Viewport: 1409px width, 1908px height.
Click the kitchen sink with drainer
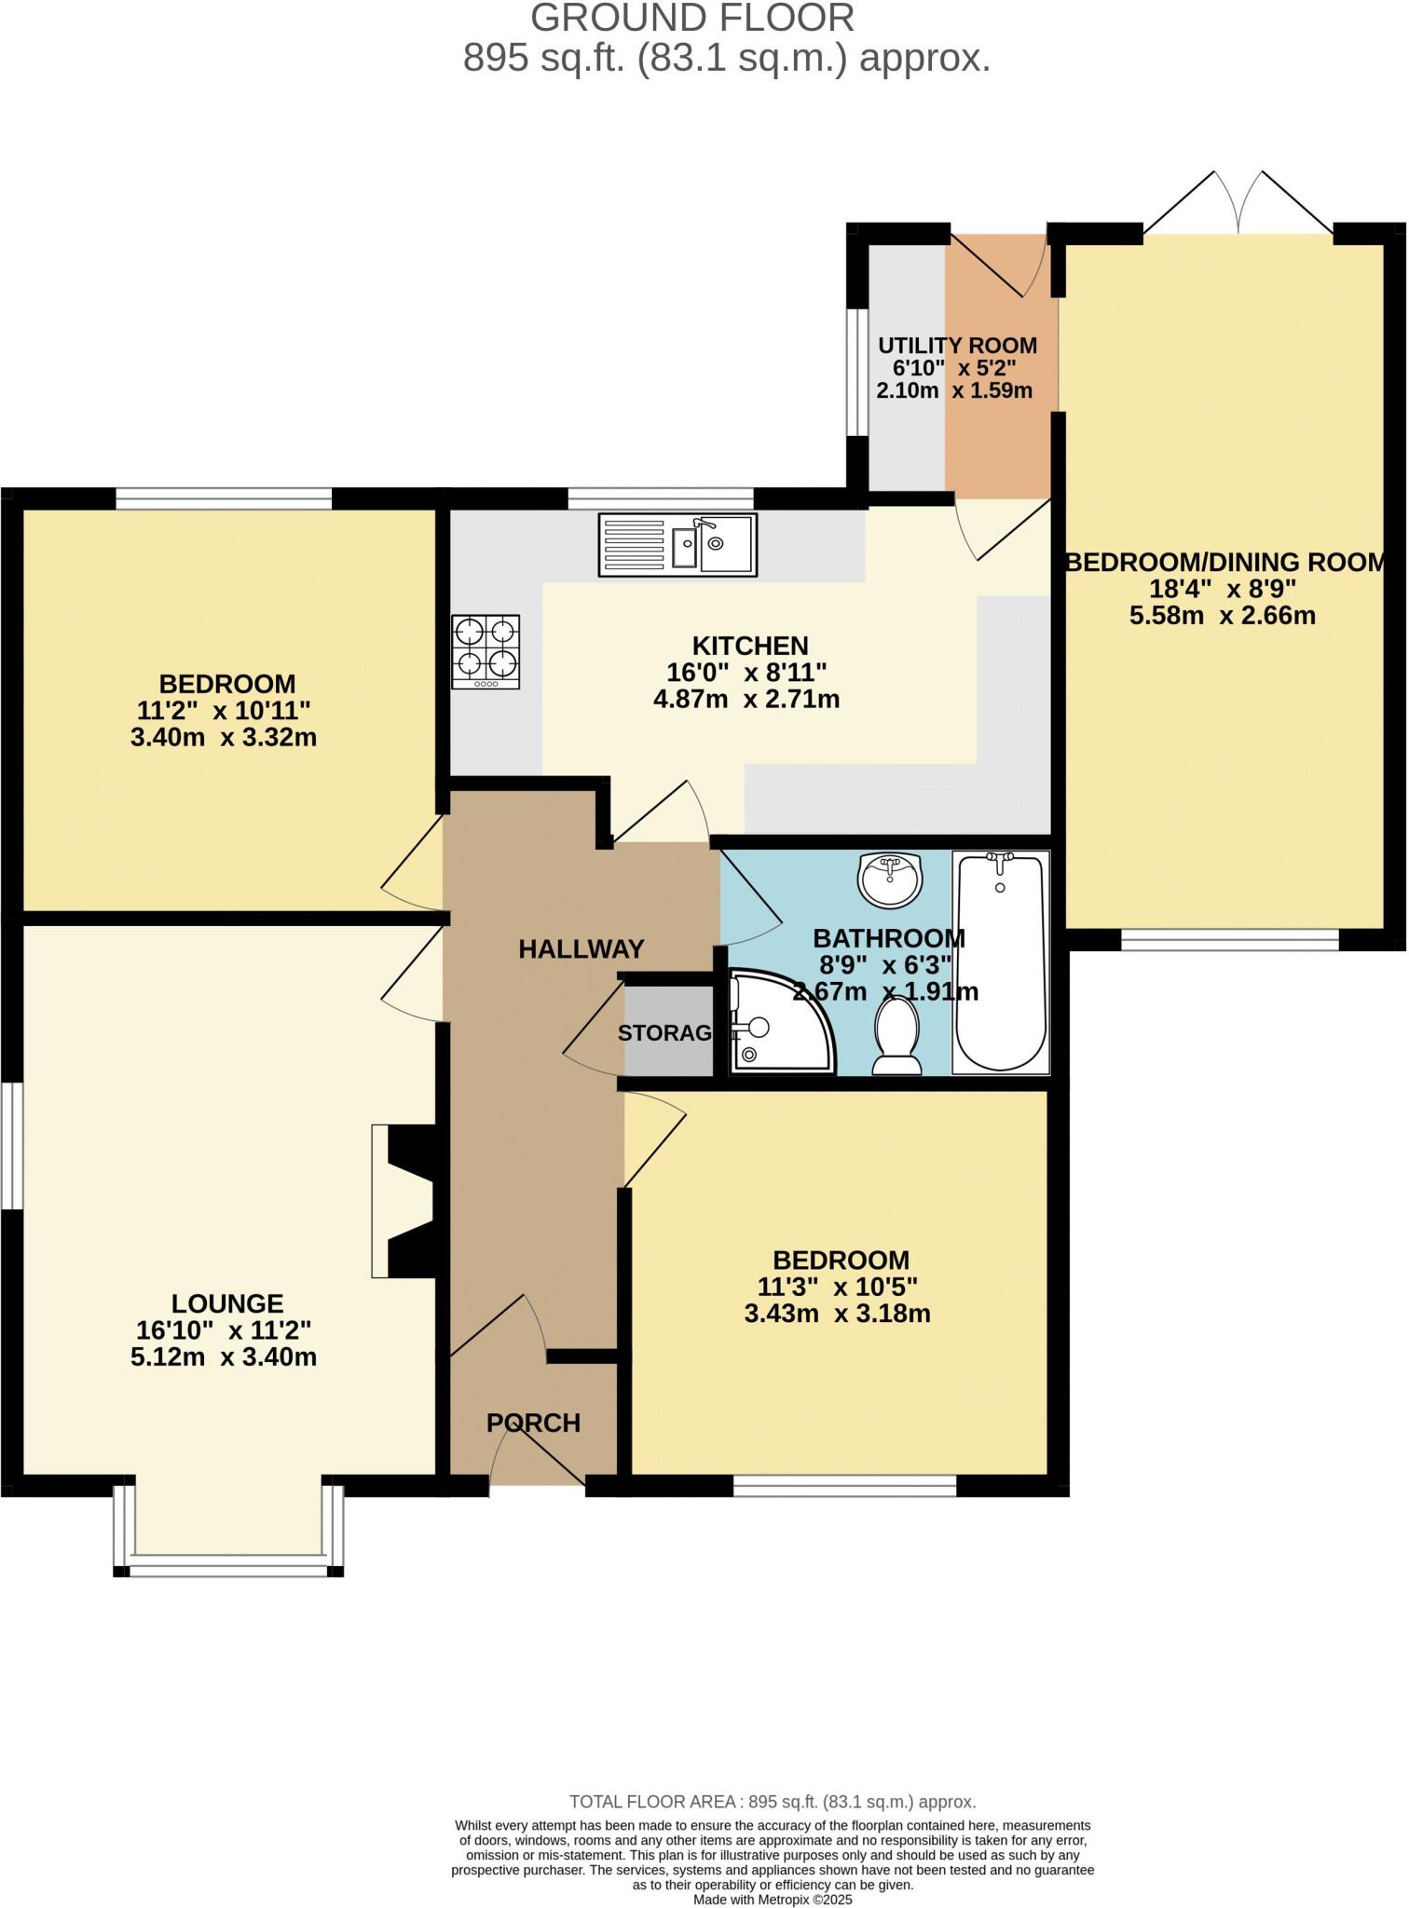click(x=677, y=544)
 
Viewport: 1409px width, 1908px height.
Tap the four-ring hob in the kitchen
click(x=486, y=651)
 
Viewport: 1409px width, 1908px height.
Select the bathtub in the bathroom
click(x=1001, y=961)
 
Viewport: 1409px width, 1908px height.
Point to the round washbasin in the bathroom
click(x=888, y=879)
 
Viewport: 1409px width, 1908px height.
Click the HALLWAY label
click(x=581, y=949)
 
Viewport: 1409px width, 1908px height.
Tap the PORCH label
click(x=533, y=1423)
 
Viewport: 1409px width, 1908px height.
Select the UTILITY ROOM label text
click(x=957, y=346)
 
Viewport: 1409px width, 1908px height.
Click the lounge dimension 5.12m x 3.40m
click(x=224, y=1357)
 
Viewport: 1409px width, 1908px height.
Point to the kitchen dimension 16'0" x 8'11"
click(x=746, y=672)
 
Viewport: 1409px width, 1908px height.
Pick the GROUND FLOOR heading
click(x=691, y=19)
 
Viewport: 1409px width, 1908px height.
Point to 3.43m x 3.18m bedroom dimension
click(x=837, y=1315)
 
